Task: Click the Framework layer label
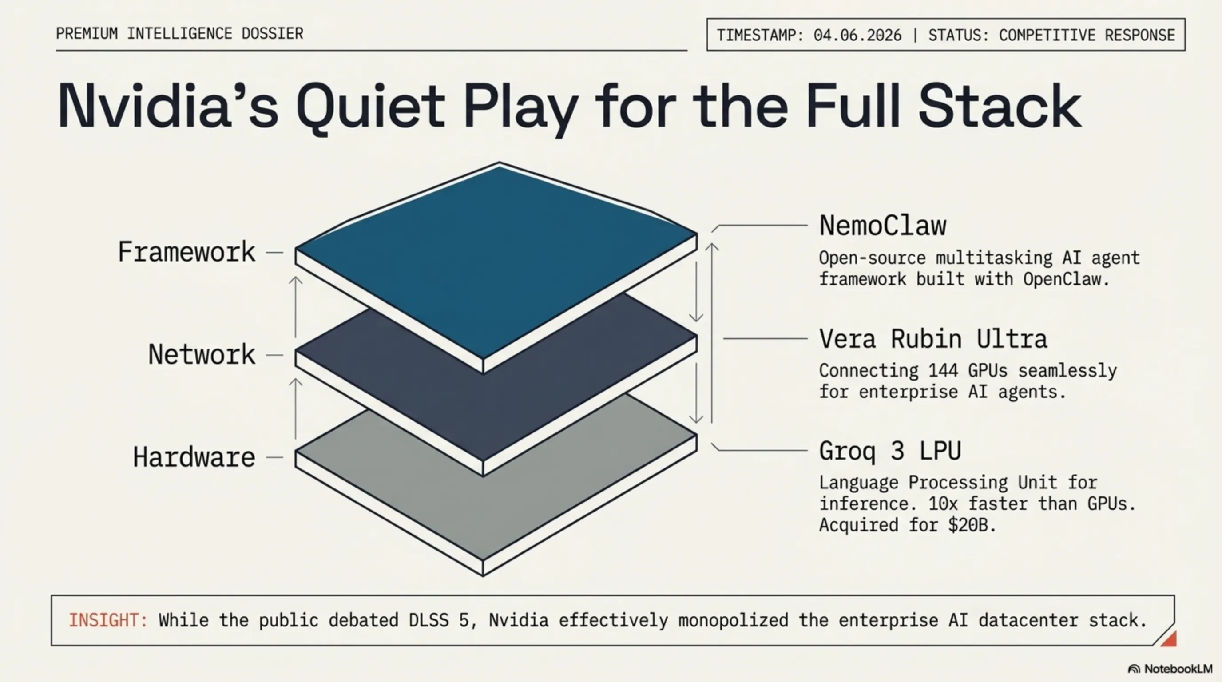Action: click(x=187, y=252)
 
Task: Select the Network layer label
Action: click(x=202, y=354)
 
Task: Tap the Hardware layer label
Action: click(x=194, y=457)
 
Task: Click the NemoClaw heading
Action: click(x=883, y=225)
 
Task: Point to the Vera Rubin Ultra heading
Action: click(x=933, y=339)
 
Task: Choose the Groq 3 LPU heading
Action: click(x=890, y=451)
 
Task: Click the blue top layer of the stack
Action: click(x=496, y=261)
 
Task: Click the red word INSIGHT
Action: click(x=108, y=620)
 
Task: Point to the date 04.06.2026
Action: click(x=857, y=35)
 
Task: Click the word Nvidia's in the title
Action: click(x=167, y=106)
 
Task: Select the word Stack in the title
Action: click(x=1000, y=106)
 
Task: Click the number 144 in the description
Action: click(x=943, y=370)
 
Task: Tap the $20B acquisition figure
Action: click(x=972, y=525)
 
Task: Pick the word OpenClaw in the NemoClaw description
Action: click(x=1066, y=279)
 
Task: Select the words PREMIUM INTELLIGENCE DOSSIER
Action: click(x=179, y=34)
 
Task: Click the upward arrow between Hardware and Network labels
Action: click(x=296, y=408)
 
